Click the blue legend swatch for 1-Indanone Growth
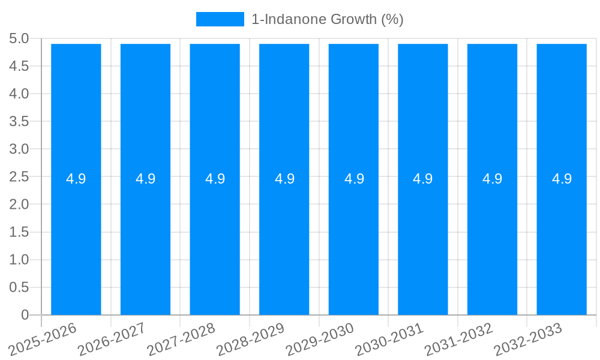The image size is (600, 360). (x=220, y=19)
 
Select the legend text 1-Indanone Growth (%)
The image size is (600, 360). (x=327, y=19)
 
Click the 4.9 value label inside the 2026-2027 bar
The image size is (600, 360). (x=146, y=179)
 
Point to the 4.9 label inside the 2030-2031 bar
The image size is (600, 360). (x=423, y=179)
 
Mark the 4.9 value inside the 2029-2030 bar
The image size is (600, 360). (x=354, y=179)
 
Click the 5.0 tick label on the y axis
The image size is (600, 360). (x=19, y=38)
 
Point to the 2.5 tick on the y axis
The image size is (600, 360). (x=19, y=177)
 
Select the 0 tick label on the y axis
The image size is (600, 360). (x=25, y=315)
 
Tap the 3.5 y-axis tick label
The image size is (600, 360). (x=19, y=121)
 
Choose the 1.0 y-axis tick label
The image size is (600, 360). (x=19, y=260)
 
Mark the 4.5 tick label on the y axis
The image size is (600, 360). (x=19, y=66)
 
